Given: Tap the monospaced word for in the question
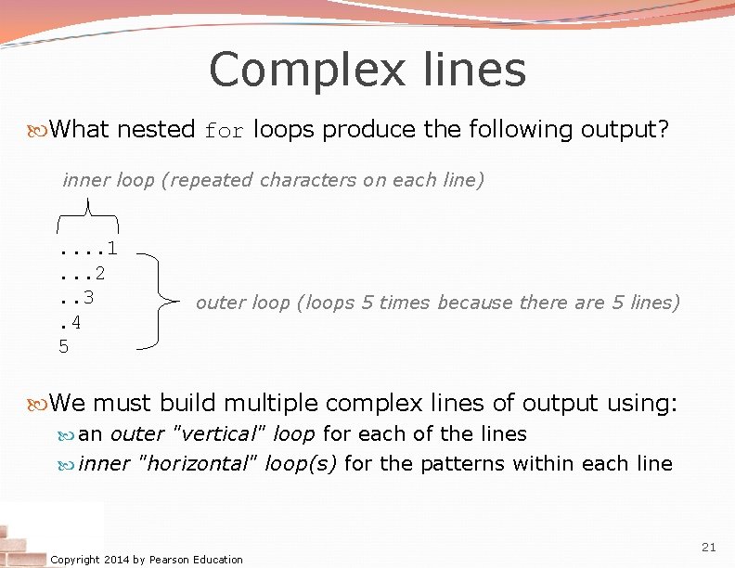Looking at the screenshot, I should coord(224,131).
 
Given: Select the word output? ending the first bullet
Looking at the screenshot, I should coord(624,130).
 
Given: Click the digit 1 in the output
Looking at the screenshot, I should coord(111,248).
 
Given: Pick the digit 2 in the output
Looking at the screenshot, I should coord(99,273).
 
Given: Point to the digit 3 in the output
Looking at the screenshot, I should coord(87,297).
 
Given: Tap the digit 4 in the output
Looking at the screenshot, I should coord(75,322).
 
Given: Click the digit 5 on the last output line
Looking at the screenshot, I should coord(63,347).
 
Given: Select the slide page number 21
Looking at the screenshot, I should coord(709,548).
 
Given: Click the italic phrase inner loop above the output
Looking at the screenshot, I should coord(108,180).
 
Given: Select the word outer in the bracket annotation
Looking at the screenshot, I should coord(218,303).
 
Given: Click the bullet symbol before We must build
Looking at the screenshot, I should coord(37,404).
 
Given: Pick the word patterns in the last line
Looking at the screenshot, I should coord(458,463).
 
